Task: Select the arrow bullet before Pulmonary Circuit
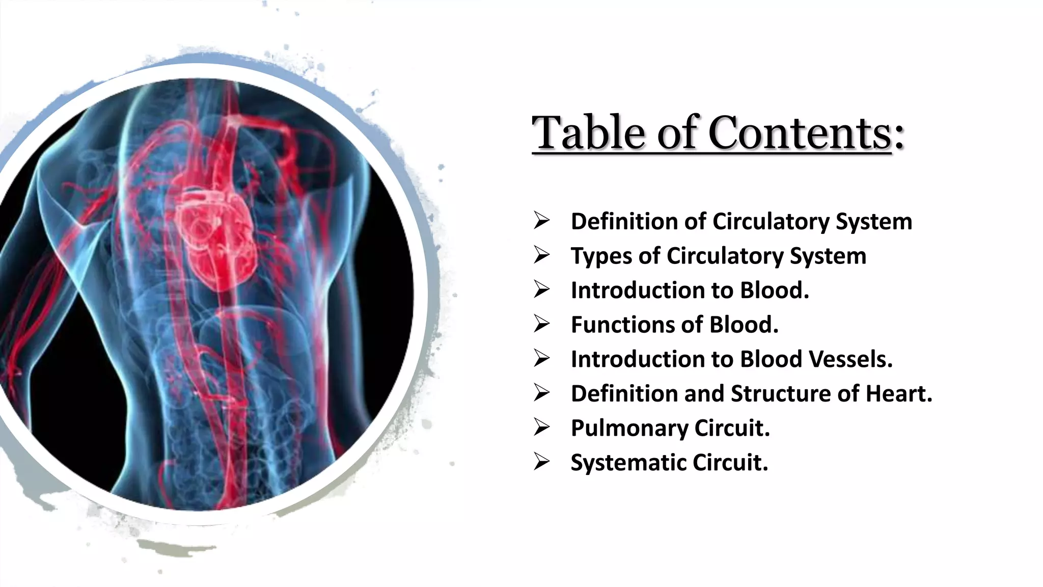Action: pos(541,428)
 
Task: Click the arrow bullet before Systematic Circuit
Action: pos(541,462)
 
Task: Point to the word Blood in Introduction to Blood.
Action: pos(774,290)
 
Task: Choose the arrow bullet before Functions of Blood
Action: pos(541,324)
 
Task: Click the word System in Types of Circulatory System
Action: pos(828,256)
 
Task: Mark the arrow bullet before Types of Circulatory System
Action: pos(541,255)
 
